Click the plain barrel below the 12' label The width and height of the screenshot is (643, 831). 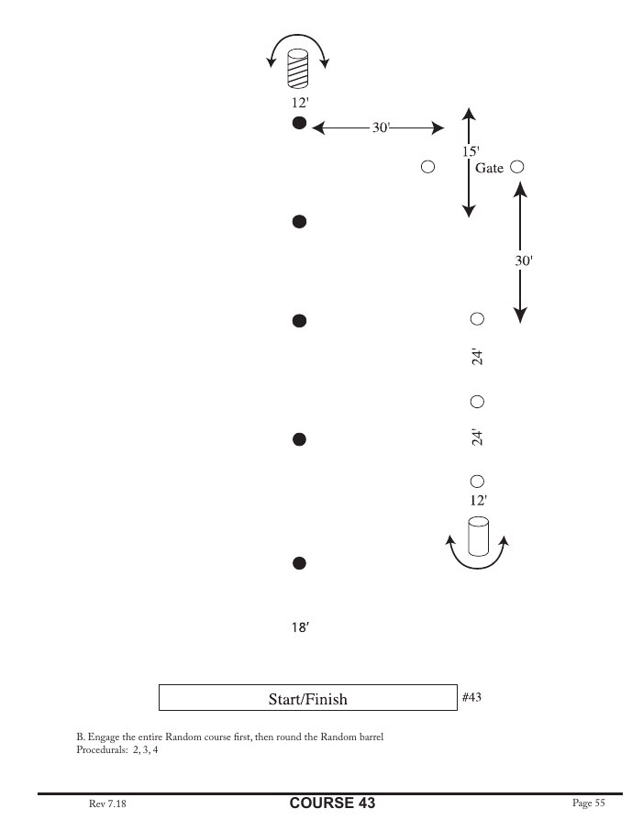(478, 537)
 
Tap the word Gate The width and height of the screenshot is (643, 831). (489, 168)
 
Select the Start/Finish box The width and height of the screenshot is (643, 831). (307, 698)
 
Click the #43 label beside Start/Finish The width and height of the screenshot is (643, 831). (471, 697)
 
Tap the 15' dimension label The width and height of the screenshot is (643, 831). (470, 151)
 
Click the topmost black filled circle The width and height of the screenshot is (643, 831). (298, 124)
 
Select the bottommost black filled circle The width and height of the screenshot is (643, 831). (298, 563)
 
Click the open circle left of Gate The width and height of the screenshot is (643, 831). (427, 167)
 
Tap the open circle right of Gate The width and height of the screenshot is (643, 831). (516, 167)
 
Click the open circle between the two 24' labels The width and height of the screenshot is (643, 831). (477, 402)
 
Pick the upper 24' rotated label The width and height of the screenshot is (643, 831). (477, 357)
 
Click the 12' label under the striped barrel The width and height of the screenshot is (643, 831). (299, 103)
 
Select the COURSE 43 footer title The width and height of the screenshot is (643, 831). (332, 803)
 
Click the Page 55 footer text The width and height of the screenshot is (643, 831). (588, 803)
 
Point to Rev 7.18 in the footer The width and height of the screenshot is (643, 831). (106, 803)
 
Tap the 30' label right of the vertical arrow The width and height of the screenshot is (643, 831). (523, 260)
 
